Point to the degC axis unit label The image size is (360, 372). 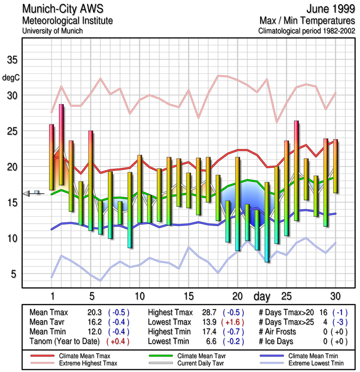[x=12, y=78]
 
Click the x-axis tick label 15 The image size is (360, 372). [x=188, y=296]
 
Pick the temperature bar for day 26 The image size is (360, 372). [x=296, y=170]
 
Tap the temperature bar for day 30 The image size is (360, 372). [x=335, y=166]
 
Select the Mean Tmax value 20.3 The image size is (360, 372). [x=94, y=312]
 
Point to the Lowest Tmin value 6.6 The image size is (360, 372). [x=211, y=341]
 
